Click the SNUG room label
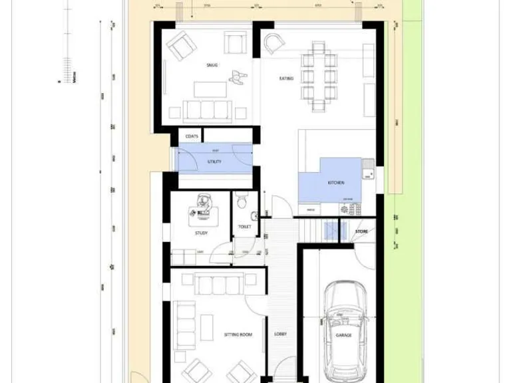point(212,65)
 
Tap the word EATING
point(286,78)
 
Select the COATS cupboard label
point(192,136)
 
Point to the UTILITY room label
point(214,162)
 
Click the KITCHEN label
point(336,182)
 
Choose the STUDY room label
point(202,233)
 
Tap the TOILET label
point(244,227)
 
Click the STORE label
point(361,231)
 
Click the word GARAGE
point(343,335)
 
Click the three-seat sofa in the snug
point(206,110)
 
